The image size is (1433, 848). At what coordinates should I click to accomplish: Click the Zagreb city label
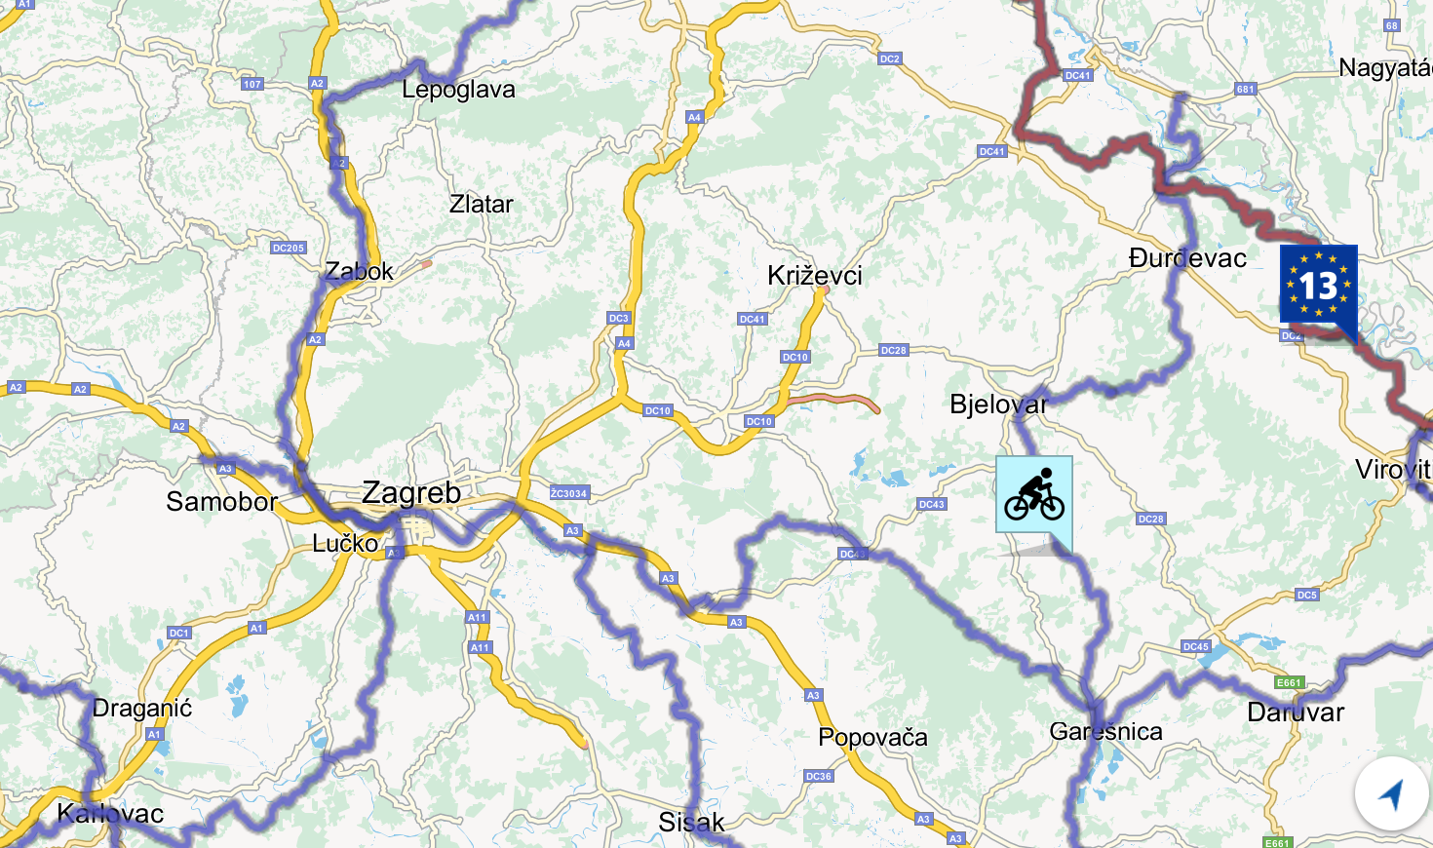[410, 492]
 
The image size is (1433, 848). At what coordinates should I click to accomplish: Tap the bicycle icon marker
[1033, 494]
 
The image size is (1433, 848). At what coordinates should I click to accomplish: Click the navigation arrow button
[1391, 793]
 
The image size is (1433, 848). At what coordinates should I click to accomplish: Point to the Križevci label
[814, 275]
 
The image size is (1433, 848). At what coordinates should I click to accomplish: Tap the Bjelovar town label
[997, 404]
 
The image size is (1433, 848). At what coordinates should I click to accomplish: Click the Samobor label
[221, 502]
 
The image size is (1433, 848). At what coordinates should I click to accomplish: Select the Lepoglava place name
[458, 90]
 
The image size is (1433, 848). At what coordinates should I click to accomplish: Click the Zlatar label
[481, 205]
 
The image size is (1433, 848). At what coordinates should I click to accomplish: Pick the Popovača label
[872, 737]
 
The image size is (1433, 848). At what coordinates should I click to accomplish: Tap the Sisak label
[691, 823]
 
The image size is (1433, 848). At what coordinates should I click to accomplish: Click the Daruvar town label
[1296, 713]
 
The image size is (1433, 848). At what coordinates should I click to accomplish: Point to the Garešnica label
[1105, 732]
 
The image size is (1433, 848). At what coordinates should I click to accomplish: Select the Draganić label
[142, 708]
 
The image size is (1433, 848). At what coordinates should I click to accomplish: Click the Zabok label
[359, 271]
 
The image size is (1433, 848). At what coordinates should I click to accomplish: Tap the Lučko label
[345, 543]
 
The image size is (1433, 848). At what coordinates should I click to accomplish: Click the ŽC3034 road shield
[568, 493]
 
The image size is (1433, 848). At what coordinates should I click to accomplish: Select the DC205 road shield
[289, 248]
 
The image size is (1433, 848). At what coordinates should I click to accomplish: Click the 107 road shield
[252, 84]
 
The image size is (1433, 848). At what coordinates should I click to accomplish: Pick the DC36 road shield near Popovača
[819, 776]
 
